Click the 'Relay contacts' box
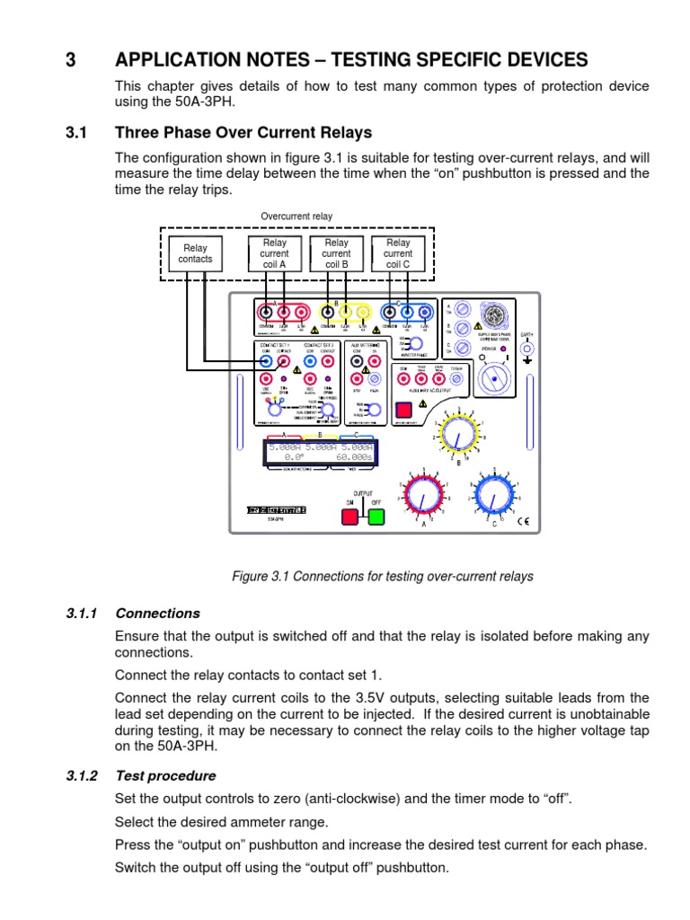pyautogui.click(x=195, y=253)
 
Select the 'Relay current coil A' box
pyautogui.click(x=275, y=253)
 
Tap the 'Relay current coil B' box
pyautogui.click(x=336, y=253)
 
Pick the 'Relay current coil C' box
pyautogui.click(x=398, y=253)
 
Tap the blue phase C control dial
pyautogui.click(x=491, y=493)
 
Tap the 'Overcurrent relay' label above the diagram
pyautogui.click(x=296, y=217)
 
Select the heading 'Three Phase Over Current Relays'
pyautogui.click(x=243, y=133)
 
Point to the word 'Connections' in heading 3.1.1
pyautogui.click(x=157, y=614)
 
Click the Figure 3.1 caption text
pyautogui.click(x=383, y=576)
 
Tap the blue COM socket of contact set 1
pyautogui.click(x=267, y=361)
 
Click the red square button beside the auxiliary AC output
pyautogui.click(x=404, y=408)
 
